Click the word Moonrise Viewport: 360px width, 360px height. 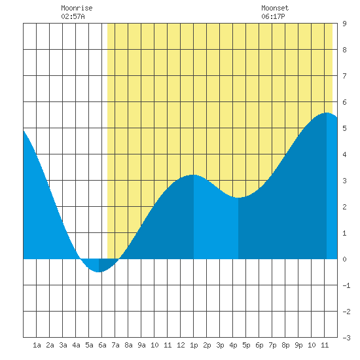77,8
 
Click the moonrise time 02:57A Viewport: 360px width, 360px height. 73,16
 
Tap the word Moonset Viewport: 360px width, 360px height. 275,8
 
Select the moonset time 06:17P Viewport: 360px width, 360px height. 273,16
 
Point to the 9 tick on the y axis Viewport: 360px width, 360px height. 344,24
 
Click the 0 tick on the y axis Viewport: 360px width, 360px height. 344,259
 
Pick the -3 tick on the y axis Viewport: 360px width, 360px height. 346,338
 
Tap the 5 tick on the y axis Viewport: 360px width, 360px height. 344,128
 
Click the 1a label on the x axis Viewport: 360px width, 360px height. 37,345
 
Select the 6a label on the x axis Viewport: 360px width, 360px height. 102,345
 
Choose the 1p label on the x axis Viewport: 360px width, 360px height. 194,345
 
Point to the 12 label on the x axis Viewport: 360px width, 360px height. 181,345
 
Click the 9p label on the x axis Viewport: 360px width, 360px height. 298,345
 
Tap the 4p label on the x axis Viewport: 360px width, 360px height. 233,345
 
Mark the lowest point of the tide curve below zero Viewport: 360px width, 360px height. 99,272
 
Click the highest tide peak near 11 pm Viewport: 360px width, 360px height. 326,113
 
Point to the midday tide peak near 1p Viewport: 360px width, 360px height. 194,175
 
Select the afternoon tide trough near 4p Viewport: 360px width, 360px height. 238,198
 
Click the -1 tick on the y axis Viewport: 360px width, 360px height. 346,285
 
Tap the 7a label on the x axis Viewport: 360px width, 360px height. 115,345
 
